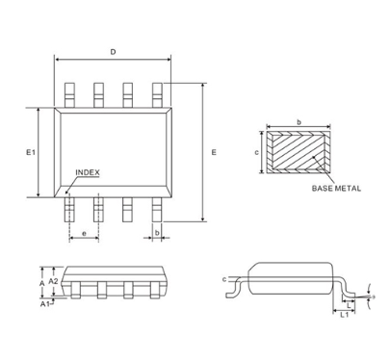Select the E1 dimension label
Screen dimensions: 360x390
coord(30,153)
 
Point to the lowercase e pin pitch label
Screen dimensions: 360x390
coord(85,234)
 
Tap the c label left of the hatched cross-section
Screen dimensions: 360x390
coord(257,152)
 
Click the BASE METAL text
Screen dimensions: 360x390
coord(336,189)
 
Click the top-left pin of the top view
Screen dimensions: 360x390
coord(69,93)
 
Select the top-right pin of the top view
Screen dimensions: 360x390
coord(157,93)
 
